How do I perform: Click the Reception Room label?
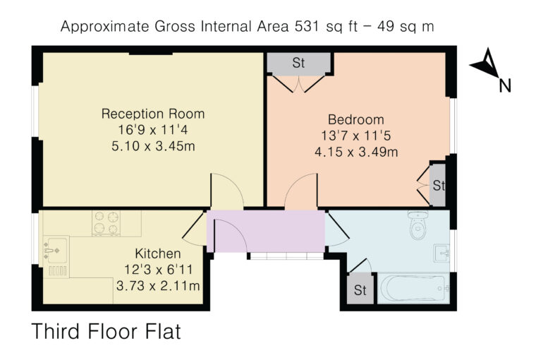point(153,114)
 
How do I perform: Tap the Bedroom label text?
point(356,119)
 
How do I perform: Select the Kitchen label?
point(157,253)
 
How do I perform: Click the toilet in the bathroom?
point(418,224)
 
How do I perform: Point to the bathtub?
point(413,289)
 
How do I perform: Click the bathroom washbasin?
point(441,253)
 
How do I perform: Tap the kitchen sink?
point(56,257)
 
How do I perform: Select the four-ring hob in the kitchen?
point(106,223)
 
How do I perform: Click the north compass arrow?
point(485,64)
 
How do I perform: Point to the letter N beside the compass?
point(505,86)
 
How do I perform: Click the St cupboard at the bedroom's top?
point(298,63)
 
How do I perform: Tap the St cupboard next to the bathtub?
point(360,289)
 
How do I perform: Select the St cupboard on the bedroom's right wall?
point(438,185)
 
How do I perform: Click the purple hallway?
point(266,231)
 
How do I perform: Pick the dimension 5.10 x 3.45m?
point(153,146)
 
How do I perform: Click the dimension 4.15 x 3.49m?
point(356,152)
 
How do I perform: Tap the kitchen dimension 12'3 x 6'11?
point(158,270)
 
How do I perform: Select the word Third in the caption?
point(56,331)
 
